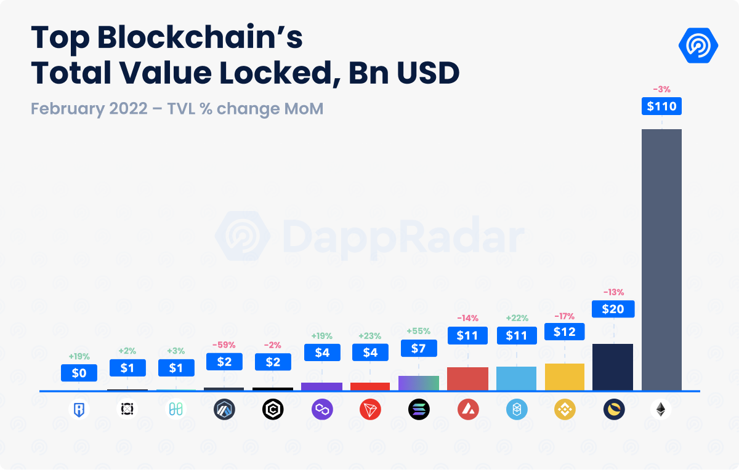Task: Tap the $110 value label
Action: click(661, 106)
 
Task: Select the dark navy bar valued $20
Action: click(613, 367)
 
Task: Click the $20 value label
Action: click(613, 309)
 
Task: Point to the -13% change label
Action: click(613, 292)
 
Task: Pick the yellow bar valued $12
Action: click(565, 376)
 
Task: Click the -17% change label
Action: click(564, 316)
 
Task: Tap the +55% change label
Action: click(419, 331)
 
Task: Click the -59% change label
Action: click(224, 345)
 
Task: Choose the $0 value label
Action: click(79, 373)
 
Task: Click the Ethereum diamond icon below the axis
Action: click(661, 410)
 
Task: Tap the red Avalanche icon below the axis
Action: click(467, 410)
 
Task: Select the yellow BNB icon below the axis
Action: click(565, 410)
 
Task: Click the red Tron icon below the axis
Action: click(370, 410)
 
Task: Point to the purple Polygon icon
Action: click(321, 410)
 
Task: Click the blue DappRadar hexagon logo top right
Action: click(698, 45)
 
